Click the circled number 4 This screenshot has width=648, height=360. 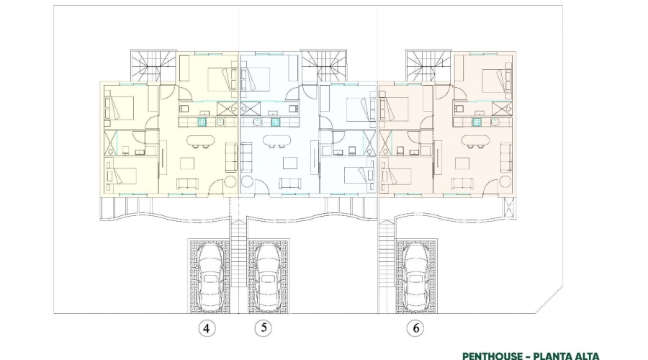click(x=207, y=328)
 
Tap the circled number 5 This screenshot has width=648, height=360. click(x=264, y=328)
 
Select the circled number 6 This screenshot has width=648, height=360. click(x=415, y=328)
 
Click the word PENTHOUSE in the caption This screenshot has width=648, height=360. click(x=493, y=356)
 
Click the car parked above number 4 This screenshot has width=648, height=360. click(x=209, y=278)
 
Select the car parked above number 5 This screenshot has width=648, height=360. click(x=266, y=278)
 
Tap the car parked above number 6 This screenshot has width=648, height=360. click(x=416, y=278)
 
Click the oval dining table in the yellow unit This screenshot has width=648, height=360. click(x=200, y=140)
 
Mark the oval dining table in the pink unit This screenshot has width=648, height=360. click(x=475, y=140)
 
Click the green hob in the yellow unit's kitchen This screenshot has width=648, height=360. click(x=202, y=122)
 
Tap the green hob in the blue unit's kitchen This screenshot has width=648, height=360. click(x=275, y=122)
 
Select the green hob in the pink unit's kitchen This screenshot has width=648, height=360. click(x=477, y=122)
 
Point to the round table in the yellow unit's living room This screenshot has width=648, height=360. click(x=230, y=182)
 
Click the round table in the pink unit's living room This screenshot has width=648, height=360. click(x=505, y=182)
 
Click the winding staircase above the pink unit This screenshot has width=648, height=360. click(x=428, y=66)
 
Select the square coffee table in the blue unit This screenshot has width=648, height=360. click(x=289, y=163)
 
